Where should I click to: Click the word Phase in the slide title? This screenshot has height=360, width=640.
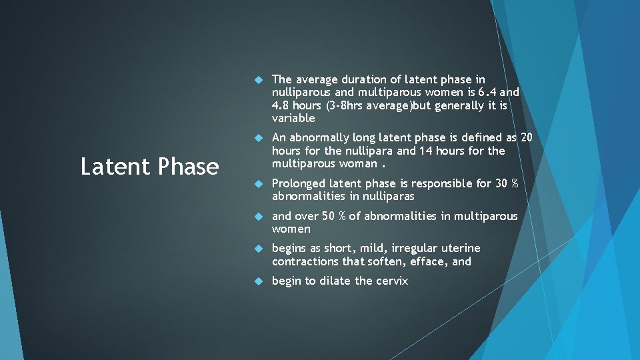[189, 167]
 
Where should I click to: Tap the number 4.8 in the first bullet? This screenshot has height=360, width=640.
[281, 105]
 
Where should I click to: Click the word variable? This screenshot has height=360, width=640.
[293, 118]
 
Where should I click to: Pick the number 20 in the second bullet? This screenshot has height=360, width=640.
[526, 137]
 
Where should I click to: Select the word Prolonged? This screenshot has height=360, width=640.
[299, 183]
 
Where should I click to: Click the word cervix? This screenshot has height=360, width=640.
[391, 281]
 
